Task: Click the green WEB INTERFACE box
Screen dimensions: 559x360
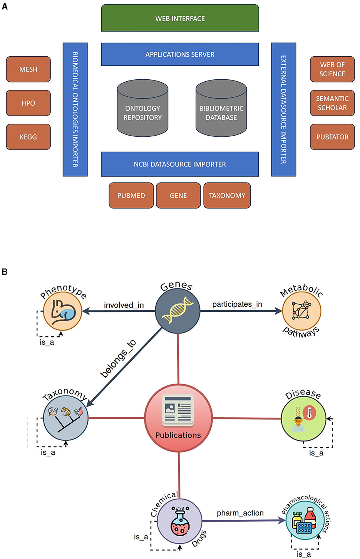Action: click(x=180, y=18)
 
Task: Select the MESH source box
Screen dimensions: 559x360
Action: click(x=28, y=69)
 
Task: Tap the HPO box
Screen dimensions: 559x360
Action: click(x=28, y=103)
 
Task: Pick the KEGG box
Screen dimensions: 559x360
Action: click(x=28, y=137)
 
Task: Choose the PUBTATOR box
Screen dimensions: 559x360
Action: click(x=332, y=137)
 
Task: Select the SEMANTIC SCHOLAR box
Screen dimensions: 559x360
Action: click(x=332, y=103)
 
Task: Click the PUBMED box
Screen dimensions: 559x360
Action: click(x=131, y=195)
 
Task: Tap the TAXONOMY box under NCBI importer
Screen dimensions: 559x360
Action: click(x=227, y=195)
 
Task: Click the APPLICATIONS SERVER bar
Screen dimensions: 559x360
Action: click(x=180, y=54)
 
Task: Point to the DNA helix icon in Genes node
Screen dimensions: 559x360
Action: click(x=177, y=310)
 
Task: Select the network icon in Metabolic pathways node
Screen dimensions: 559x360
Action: click(x=301, y=311)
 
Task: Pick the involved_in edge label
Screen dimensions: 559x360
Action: click(x=124, y=305)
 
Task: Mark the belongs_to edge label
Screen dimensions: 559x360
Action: click(x=118, y=359)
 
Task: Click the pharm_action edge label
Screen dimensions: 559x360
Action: click(x=240, y=513)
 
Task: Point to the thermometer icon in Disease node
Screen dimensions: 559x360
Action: click(x=309, y=413)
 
